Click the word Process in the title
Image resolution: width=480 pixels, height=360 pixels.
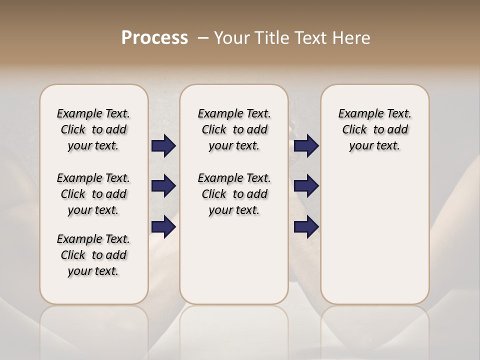(154, 38)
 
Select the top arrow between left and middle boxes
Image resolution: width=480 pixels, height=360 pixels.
(163, 145)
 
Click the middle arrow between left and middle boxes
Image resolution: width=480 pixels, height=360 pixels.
(163, 186)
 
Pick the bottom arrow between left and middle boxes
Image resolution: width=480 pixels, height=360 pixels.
(163, 227)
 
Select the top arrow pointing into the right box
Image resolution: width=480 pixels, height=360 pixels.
(306, 145)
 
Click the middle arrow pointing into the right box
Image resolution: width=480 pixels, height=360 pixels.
(306, 186)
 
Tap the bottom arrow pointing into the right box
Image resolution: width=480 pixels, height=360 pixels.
(306, 227)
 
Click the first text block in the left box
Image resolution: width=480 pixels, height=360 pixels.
(93, 129)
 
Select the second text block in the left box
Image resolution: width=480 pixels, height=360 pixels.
(93, 194)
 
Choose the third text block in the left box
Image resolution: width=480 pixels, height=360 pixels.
(93, 255)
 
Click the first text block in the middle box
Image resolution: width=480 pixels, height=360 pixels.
(234, 129)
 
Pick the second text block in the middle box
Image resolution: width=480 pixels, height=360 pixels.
(234, 194)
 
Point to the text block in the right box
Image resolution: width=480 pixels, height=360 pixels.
(375, 129)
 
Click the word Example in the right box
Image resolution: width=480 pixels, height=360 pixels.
(357, 114)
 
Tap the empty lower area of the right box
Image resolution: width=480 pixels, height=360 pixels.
(375, 240)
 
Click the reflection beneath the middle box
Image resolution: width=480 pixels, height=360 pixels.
(234, 330)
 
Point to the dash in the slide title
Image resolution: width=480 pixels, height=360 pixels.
(203, 38)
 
